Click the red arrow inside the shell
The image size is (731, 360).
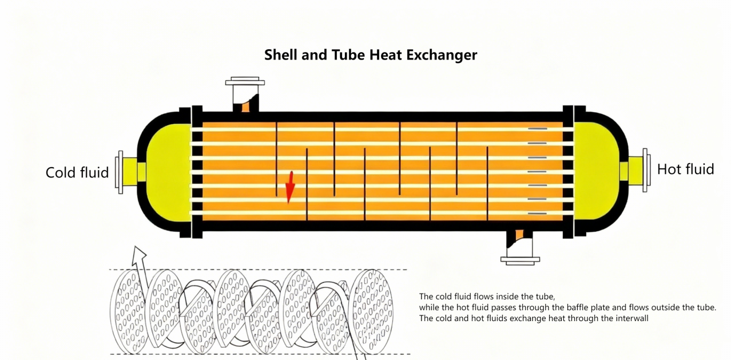pyautogui.click(x=290, y=187)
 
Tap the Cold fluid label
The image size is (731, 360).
pyautogui.click(x=77, y=172)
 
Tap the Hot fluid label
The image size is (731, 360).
pyautogui.click(x=685, y=169)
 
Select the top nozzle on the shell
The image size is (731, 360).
pyautogui.click(x=245, y=95)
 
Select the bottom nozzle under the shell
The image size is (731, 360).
pyautogui.click(x=520, y=246)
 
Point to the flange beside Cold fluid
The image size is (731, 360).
pyautogui.click(x=120, y=172)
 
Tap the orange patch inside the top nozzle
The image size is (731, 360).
pyautogui.click(x=246, y=106)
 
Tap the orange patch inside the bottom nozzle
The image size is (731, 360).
pyautogui.click(x=519, y=235)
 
